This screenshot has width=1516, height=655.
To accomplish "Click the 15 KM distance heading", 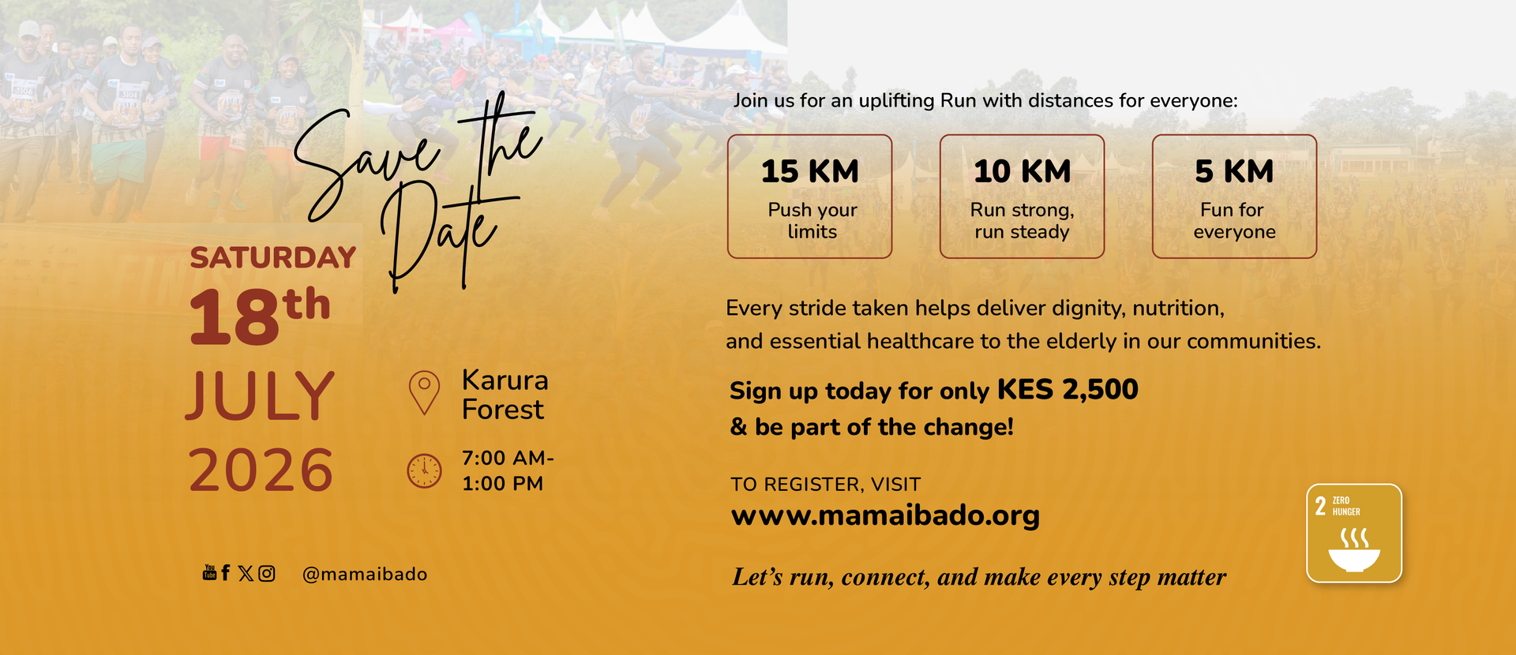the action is coord(809,171).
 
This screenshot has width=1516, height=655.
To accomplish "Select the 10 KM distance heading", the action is coord(1022,171).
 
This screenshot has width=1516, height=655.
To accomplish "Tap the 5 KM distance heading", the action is coord(1234,171).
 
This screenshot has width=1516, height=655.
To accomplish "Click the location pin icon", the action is coord(424,392).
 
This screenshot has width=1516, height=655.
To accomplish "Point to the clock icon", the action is coord(424,471).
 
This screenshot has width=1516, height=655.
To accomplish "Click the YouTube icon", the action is coord(209,573).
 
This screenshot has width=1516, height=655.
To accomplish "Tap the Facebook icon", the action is coord(226,573).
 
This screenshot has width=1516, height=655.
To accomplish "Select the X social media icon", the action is coord(246,574).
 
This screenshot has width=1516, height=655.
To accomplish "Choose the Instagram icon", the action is coord(267,574).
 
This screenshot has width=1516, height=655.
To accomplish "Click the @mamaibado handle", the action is coord(365,575).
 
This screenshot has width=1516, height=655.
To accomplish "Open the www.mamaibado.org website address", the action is coord(885,516).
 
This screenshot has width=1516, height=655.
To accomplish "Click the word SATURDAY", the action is coord(273,258).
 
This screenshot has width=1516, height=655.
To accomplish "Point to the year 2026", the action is coord(261,470).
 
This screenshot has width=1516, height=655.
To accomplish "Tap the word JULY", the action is coord(261,396).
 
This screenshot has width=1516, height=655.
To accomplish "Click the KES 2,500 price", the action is coord(1068,390).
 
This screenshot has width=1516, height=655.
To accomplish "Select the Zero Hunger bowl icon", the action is coord(1354,550).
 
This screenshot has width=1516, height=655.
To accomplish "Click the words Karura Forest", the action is coord(505,395).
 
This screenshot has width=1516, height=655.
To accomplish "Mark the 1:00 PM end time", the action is coord(502,484).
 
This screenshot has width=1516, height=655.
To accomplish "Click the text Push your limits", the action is coord(812,221).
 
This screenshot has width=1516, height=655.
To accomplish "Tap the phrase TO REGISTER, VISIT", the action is coord(826,485).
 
